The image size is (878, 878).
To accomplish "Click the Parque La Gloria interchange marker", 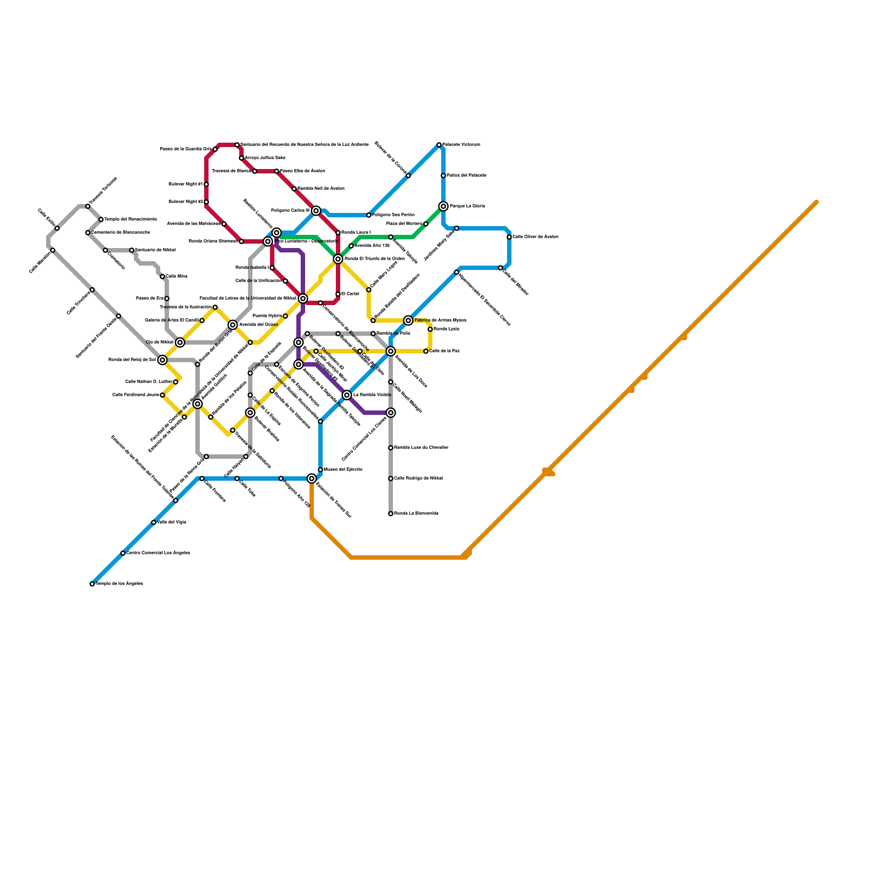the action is click(x=443, y=206).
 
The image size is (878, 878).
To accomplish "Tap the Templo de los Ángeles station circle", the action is click(x=92, y=584).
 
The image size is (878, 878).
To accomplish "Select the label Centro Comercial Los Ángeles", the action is click(x=158, y=553).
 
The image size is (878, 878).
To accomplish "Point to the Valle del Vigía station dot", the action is click(x=154, y=522).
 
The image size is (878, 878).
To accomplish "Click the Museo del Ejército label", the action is click(x=343, y=470).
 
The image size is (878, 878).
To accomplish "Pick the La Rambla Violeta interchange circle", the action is click(x=347, y=395).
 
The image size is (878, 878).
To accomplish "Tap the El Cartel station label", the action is click(x=350, y=294).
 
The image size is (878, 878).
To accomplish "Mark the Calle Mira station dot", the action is click(x=162, y=277).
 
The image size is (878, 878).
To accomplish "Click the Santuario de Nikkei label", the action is click(x=155, y=250).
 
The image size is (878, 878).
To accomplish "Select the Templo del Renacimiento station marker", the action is click(x=101, y=219).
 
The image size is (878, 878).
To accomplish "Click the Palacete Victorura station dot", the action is click(x=439, y=145).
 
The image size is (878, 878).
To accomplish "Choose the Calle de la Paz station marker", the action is click(x=426, y=351).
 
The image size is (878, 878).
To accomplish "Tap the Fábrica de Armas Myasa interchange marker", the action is click(x=408, y=320).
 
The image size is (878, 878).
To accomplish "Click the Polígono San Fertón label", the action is click(x=393, y=215).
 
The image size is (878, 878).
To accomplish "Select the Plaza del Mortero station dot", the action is click(x=426, y=224).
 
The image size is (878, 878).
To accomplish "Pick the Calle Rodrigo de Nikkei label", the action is click(x=418, y=479).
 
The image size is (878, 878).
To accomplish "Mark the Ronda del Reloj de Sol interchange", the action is click(x=162, y=360).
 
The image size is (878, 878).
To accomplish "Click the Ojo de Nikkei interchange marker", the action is click(x=180, y=342).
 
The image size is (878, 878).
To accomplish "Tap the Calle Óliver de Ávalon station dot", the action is click(x=509, y=237).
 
